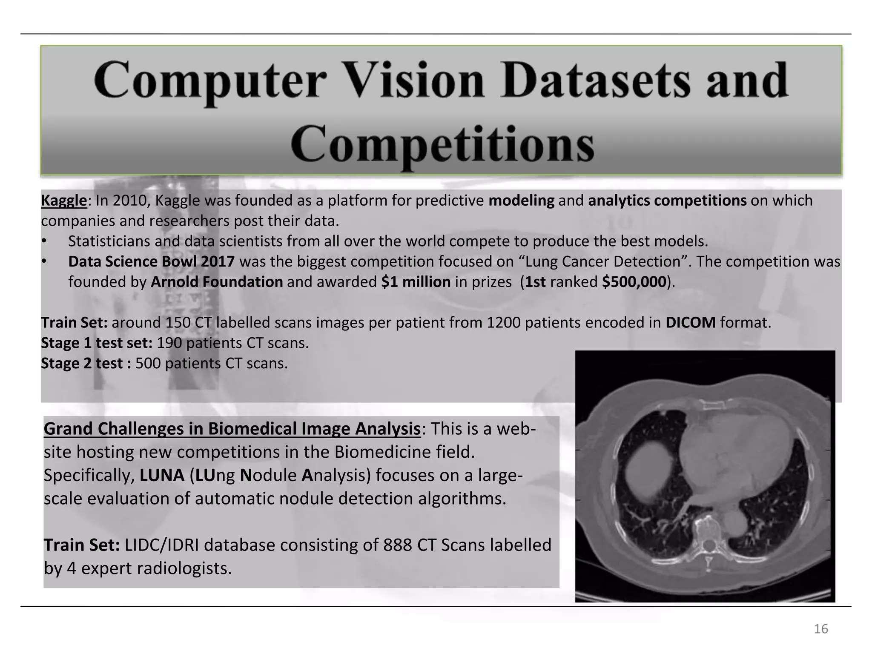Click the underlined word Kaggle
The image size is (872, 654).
[x=64, y=200]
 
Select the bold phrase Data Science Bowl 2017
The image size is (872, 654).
[x=151, y=261]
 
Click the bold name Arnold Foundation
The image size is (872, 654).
[x=217, y=282]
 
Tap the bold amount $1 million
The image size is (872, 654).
[x=416, y=282]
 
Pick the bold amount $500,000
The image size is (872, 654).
[x=634, y=282]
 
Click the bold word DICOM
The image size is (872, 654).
[x=691, y=323]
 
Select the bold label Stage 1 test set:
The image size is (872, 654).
[x=97, y=343]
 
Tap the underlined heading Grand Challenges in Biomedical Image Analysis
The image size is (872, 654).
[x=232, y=429]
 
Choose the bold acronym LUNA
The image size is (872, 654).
[x=162, y=476]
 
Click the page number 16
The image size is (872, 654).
[x=821, y=629]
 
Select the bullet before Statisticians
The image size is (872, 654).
[x=43, y=241]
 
